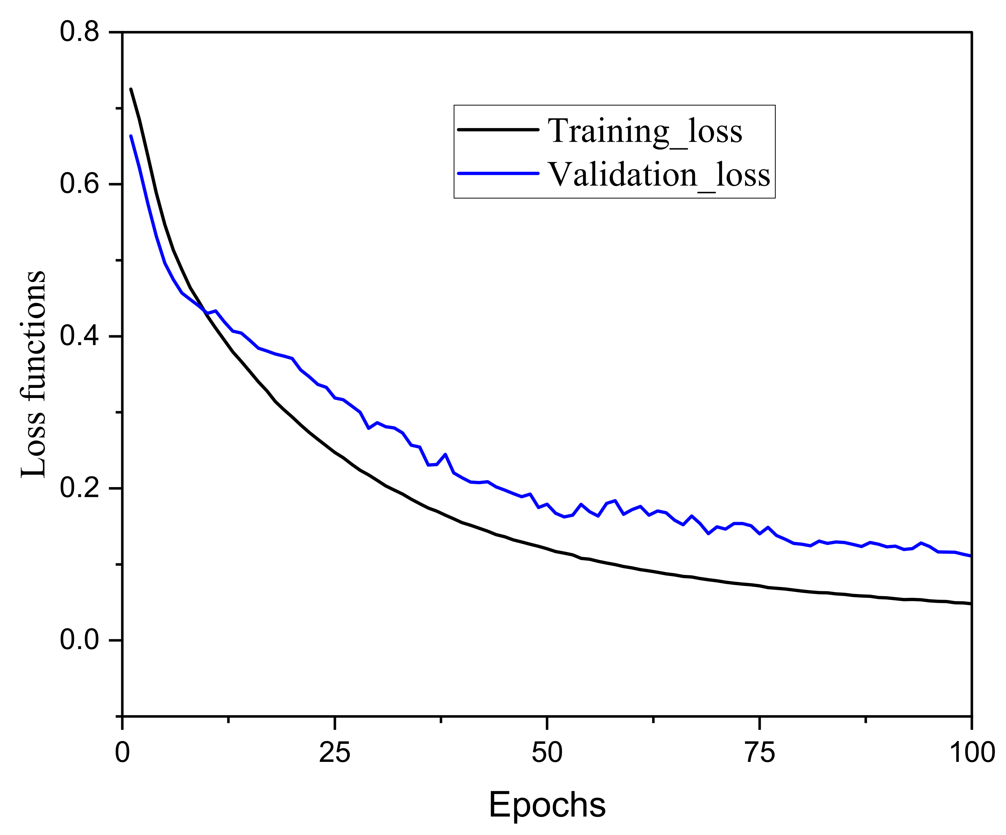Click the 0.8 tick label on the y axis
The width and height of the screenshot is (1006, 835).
(79, 33)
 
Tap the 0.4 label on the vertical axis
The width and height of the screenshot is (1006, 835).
(79, 336)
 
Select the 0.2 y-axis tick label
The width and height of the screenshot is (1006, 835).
(79, 488)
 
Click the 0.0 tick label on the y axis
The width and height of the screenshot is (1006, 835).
(79, 640)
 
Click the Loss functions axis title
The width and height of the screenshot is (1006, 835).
(33, 374)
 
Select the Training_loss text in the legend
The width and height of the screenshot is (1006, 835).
(645, 130)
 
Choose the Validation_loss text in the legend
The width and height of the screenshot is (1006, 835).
(659, 174)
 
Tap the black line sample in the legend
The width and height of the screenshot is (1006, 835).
(498, 129)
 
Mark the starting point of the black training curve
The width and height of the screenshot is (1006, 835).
(131, 89)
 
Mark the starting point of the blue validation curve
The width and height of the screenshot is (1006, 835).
(131, 136)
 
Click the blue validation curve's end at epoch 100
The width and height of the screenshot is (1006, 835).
(970, 556)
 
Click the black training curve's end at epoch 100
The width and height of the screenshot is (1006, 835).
(970, 604)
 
